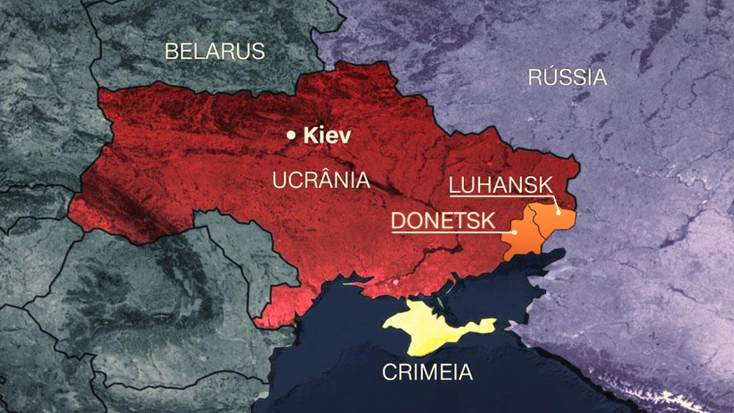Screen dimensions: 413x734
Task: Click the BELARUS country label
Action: pos(214,51)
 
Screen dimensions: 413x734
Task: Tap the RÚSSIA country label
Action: pos(567,77)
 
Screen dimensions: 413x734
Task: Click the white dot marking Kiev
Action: pos(292,135)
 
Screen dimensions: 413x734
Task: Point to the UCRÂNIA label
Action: pos(321,180)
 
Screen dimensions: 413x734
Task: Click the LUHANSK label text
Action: pos(500,186)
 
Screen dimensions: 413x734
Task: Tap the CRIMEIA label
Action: pos(427,372)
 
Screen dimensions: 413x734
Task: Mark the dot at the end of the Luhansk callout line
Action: pos(559,212)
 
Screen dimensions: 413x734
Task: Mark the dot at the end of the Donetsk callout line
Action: pos(515,233)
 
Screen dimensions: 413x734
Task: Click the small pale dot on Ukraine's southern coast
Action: pos(396,280)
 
